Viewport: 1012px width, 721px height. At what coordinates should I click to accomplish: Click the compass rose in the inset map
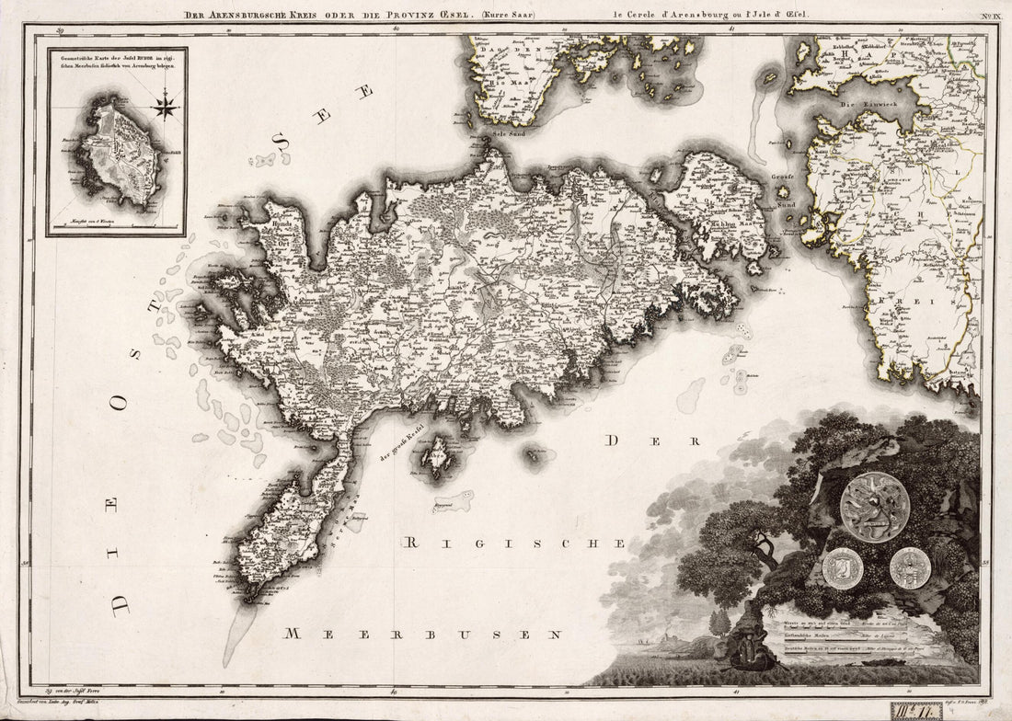coord(166,106)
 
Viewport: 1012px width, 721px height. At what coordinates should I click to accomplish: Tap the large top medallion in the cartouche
coord(874,507)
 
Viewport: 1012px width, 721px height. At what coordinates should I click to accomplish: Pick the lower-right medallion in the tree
coord(910,567)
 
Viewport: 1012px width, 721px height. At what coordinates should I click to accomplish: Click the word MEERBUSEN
coord(422,634)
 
